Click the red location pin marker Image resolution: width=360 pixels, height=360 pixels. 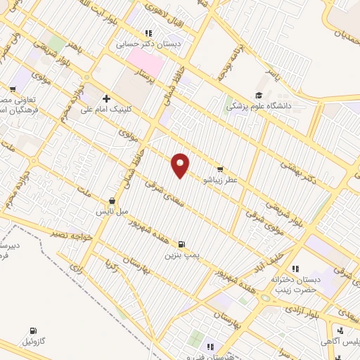point(181,166)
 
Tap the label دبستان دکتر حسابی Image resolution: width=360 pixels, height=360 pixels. point(148,43)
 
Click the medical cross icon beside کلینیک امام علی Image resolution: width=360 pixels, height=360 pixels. point(106,98)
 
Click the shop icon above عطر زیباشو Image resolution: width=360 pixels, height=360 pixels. point(220,169)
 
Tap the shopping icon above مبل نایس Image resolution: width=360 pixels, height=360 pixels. point(112,200)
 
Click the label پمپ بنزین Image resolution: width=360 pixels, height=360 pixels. point(183,255)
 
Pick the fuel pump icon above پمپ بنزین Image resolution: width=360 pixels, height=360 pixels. point(183,245)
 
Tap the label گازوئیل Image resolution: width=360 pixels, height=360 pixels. point(34,341)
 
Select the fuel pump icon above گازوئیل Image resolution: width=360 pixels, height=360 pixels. point(33,330)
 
